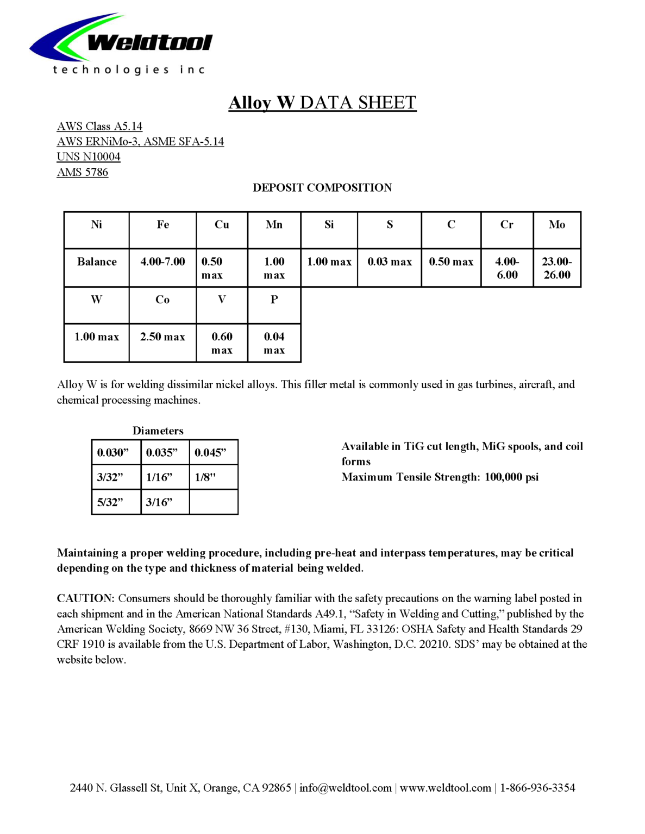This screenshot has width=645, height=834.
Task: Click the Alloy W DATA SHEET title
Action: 322,103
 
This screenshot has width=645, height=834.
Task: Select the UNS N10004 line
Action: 89,157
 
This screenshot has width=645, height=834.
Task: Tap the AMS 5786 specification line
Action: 83,172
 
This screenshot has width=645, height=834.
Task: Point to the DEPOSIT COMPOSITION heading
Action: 322,188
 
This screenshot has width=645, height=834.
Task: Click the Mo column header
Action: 556,225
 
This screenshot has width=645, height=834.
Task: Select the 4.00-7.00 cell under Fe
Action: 162,262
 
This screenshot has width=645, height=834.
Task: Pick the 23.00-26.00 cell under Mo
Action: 556,268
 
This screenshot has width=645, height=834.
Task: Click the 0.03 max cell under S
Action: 390,262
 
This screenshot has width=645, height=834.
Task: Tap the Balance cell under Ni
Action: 97,262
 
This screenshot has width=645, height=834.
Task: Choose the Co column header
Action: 162,300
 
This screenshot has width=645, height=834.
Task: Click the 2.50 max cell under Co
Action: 162,337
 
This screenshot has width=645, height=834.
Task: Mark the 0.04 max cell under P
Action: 274,343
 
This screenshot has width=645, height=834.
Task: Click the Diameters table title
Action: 158,431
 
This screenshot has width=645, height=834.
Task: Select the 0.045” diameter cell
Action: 211,453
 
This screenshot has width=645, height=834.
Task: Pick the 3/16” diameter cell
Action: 159,502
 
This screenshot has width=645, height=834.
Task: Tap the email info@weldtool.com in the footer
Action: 346,788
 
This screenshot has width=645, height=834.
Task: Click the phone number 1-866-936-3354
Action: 537,788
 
